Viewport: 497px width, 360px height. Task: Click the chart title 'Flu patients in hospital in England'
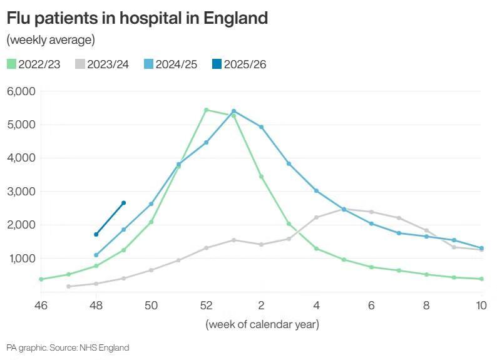[137, 18]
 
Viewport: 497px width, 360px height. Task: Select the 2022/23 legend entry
[34, 64]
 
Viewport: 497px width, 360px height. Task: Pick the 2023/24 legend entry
[102, 64]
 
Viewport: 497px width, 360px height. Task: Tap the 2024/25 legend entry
[170, 64]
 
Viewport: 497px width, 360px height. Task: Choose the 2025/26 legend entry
[238, 64]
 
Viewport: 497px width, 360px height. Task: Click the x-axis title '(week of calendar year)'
[262, 324]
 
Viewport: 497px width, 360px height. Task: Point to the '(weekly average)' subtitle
[51, 40]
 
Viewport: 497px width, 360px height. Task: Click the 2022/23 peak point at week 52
[206, 110]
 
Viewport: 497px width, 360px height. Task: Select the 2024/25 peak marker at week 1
[233, 111]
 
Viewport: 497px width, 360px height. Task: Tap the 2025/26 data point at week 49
[123, 203]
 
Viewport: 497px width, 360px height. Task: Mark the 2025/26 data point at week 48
[96, 235]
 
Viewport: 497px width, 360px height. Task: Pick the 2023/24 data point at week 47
[68, 287]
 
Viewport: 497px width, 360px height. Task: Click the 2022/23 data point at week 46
[41, 279]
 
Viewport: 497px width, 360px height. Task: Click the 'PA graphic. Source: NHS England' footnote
[68, 347]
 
